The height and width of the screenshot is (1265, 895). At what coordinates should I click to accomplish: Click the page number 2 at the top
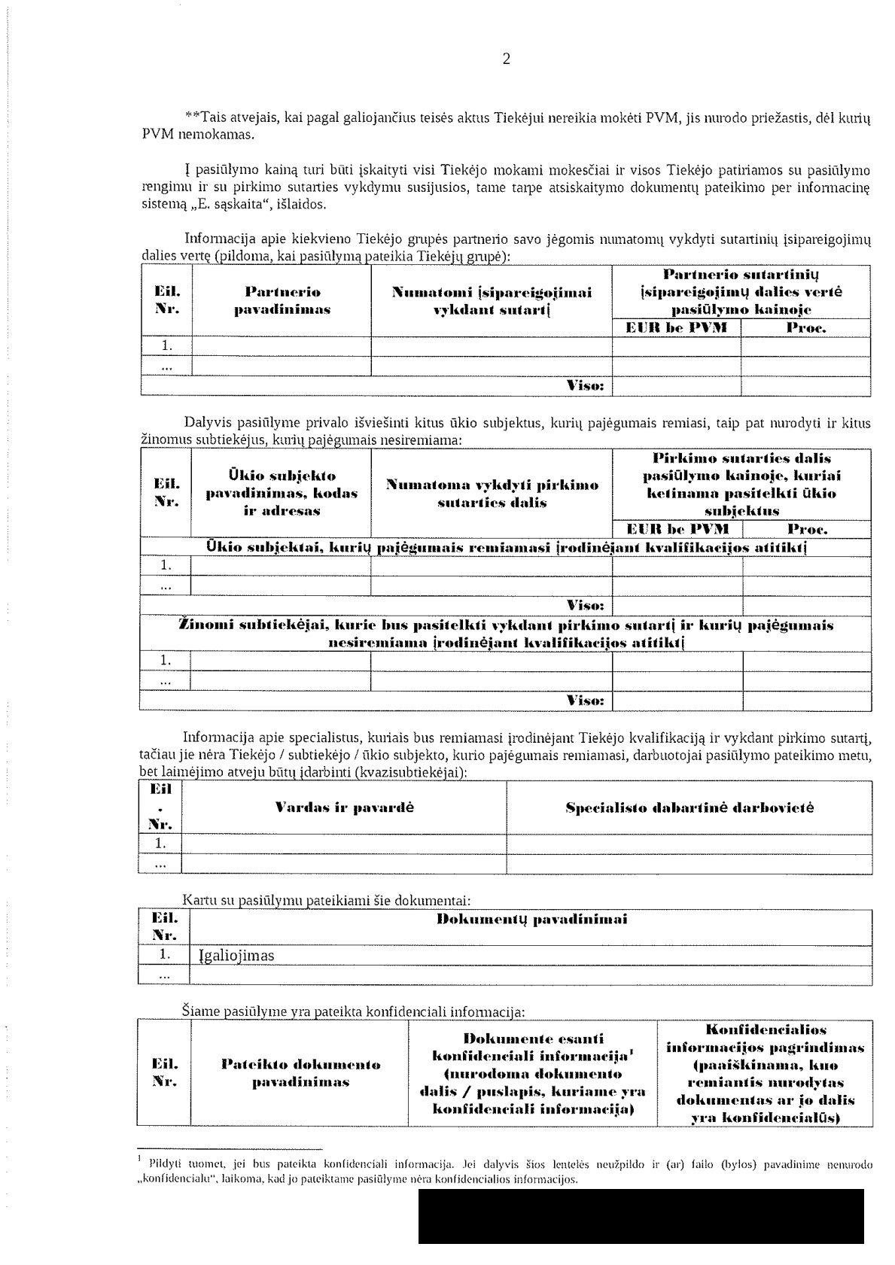click(506, 60)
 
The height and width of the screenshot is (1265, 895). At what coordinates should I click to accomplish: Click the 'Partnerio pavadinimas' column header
click(282, 300)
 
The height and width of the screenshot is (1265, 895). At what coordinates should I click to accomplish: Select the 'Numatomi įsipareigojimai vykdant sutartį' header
click(492, 300)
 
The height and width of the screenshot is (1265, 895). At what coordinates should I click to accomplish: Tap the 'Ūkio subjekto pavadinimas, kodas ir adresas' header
click(282, 493)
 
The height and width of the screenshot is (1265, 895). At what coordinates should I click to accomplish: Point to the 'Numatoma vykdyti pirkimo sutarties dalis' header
click(492, 494)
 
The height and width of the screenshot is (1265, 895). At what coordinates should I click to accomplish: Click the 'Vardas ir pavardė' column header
click(345, 808)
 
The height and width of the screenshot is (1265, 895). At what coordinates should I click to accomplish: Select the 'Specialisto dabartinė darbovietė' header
click(690, 808)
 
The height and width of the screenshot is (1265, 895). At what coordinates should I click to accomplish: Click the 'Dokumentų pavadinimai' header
click(531, 919)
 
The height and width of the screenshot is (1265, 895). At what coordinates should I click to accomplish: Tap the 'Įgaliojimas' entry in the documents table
click(236, 956)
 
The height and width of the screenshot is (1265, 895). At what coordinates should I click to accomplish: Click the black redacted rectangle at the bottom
click(641, 1216)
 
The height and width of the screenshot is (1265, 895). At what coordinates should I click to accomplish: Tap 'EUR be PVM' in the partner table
click(677, 327)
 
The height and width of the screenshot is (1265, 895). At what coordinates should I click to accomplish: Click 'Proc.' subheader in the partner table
click(806, 327)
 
